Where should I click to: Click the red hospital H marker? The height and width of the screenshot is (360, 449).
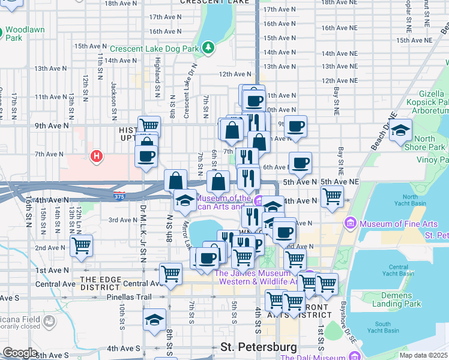tap(95, 157)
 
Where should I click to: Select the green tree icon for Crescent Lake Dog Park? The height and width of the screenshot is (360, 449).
tap(208, 46)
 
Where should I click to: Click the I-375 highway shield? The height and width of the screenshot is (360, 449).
tap(119, 194)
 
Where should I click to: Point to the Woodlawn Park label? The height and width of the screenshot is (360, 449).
tap(22, 33)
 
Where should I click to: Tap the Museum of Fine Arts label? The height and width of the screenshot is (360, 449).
tap(399, 224)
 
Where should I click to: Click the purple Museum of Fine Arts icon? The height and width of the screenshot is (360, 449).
tap(351, 224)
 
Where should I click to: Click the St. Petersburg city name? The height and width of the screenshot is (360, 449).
tap(259, 347)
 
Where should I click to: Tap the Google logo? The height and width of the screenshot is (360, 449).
tap(20, 353)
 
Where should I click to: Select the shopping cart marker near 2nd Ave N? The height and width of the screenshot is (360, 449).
tap(81, 245)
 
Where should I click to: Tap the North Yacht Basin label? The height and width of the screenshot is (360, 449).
tap(410, 200)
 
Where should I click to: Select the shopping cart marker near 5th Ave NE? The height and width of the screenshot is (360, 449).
tap(332, 196)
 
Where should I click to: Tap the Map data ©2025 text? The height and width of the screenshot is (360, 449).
tap(423, 355)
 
